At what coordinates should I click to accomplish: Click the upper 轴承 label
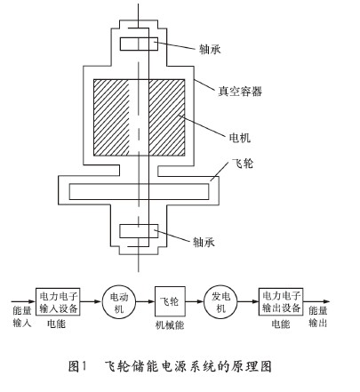pos(210,49)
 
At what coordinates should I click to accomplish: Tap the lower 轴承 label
pos(204,242)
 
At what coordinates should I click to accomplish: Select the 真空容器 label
pos(240,92)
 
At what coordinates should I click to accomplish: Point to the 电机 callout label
pos(240,138)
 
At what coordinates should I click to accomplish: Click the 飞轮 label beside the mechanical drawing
pos(243,164)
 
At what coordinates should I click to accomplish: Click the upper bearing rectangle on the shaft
pos(139,44)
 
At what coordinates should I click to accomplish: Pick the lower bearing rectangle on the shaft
pos(139,231)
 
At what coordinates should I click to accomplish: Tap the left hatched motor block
pos(112,117)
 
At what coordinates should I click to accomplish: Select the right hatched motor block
pos(167,117)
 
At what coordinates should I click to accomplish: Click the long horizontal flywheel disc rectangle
pos(139,191)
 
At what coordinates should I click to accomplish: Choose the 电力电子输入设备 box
pos(58,301)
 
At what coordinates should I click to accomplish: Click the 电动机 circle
pos(119,301)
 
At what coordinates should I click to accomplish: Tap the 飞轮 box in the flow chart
pos(170,301)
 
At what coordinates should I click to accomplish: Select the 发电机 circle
pos(220,301)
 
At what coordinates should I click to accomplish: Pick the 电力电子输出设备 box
pos(281,301)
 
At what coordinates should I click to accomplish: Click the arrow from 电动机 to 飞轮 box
pos(145,301)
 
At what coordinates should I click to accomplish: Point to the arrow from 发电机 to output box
pos(248,301)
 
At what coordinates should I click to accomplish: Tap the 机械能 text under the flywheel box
pos(170,325)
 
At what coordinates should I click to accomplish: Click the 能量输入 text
pos(22,317)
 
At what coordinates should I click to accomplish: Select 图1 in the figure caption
pos(77,366)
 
